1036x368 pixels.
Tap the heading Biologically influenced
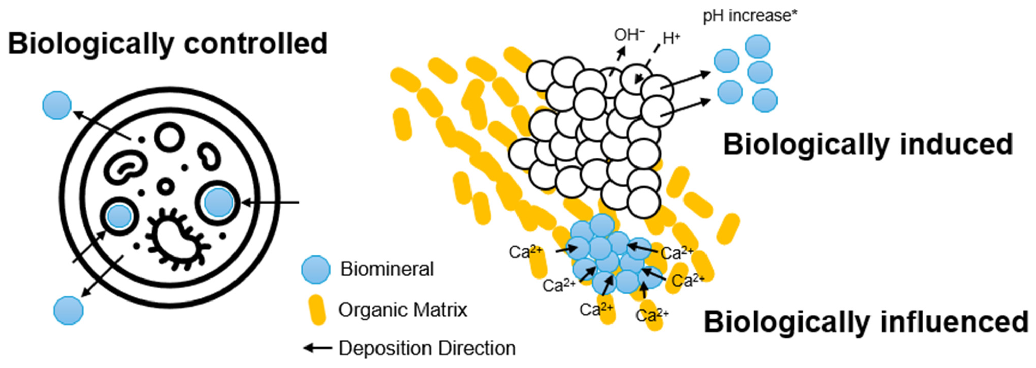[865, 322]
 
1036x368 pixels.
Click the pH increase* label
[750, 16]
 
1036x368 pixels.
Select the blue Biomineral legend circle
[316, 269]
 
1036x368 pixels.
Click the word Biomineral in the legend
[387, 269]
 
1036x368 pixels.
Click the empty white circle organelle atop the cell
[169, 137]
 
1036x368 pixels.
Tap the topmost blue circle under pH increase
[758, 46]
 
